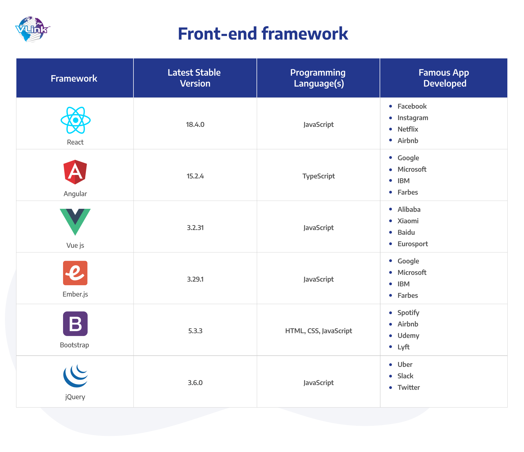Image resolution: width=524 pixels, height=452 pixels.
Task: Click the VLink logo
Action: (32, 29)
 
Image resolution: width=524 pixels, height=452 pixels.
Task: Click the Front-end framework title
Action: (263, 34)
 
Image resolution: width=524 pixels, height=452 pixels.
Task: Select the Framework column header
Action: (74, 79)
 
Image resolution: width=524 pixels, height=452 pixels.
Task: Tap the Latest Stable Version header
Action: (195, 78)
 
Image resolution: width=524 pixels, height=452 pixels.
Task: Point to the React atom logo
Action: (76, 120)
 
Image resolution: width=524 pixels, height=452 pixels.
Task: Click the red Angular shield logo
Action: (75, 172)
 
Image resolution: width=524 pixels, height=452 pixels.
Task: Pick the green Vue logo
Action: (75, 221)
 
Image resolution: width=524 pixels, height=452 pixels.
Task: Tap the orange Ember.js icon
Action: (75, 273)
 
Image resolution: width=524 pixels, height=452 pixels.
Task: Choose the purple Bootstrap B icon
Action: (75, 324)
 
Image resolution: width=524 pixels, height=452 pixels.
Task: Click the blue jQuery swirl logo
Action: (75, 376)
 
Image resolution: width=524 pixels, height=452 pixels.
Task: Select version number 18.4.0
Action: (195, 124)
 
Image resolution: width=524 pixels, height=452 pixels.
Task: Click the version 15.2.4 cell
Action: (195, 176)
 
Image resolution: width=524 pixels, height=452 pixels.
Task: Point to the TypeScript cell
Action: (318, 176)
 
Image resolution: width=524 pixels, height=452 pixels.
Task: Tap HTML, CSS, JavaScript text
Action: (318, 331)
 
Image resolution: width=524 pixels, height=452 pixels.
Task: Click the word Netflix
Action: (408, 129)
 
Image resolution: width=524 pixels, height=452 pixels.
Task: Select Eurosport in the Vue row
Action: (413, 244)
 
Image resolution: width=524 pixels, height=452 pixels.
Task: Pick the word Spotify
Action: (408, 313)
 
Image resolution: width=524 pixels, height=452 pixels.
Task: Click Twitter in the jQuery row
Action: (409, 387)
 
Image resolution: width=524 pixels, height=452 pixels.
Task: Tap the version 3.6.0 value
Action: (195, 383)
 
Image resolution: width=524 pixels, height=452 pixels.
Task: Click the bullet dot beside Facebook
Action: (391, 106)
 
